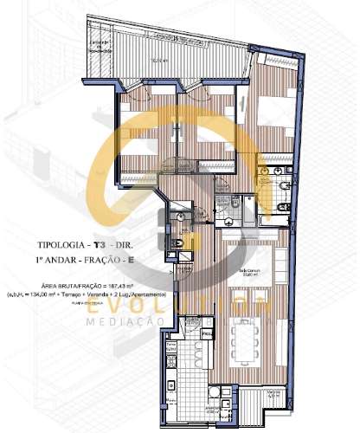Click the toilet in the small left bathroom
pos(177,237)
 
